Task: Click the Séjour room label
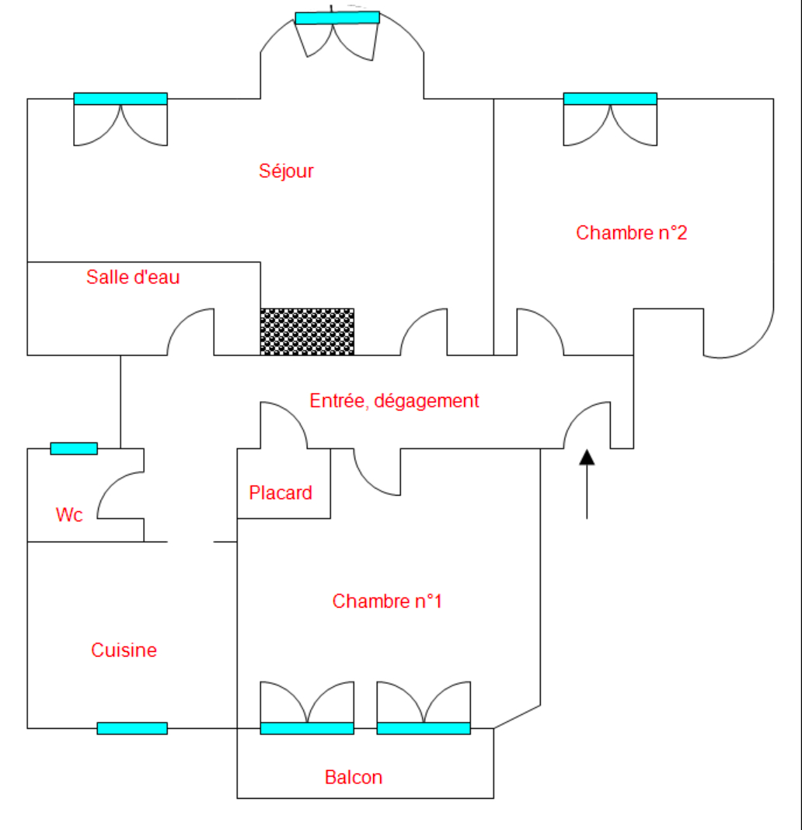point(286,171)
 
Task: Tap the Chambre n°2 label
point(631,232)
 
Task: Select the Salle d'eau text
point(133,277)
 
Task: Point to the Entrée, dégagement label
point(394,401)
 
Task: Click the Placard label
point(281,493)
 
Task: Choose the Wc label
point(69,514)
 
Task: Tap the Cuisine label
point(124,650)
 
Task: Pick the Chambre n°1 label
point(387,601)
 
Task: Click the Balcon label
point(354,777)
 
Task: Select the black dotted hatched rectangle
point(307,332)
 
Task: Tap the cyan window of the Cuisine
point(132,728)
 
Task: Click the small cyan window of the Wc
point(74,448)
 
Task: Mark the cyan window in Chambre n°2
point(610,99)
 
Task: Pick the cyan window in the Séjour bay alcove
point(337,18)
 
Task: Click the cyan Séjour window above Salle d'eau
point(120,99)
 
